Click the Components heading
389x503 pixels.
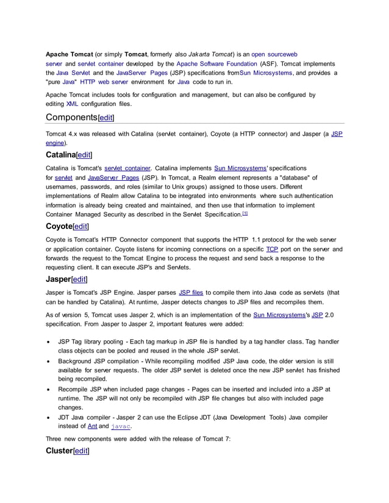click(x=71, y=117)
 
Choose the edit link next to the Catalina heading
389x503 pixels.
click(x=84, y=156)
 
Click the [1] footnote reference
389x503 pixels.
click(x=244, y=214)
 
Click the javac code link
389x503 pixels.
click(x=123, y=427)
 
